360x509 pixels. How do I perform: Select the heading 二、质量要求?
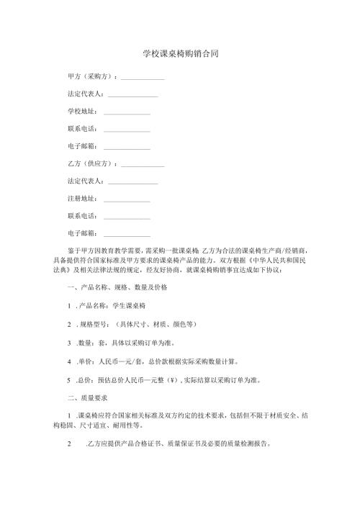(x=87, y=397)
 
